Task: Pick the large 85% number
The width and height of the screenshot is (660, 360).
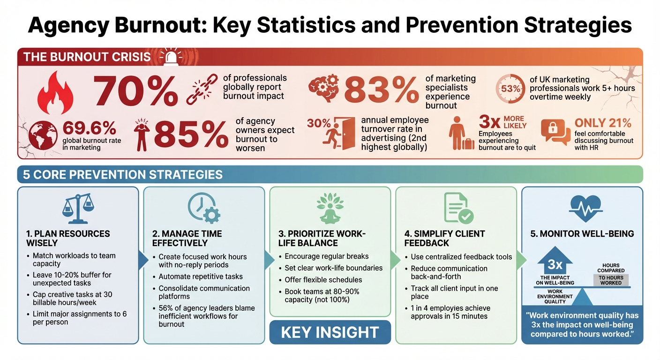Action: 191,134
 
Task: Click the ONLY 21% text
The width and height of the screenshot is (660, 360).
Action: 603,123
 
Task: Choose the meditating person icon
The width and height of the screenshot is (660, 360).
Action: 330,208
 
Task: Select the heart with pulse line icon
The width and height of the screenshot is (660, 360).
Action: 582,208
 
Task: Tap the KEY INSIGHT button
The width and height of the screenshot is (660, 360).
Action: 330,332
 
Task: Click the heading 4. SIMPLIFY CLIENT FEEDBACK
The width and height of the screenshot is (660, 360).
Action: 444,238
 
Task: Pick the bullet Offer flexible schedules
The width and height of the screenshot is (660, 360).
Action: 323,280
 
